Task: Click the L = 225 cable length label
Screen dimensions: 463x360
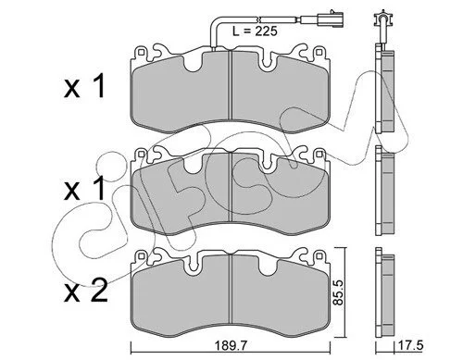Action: tap(255, 31)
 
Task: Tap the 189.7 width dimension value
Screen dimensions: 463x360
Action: tap(231, 346)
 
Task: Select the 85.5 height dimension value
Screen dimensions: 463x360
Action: tap(339, 292)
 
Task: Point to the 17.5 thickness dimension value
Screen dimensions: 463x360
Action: tap(411, 345)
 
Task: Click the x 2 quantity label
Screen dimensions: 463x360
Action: tap(86, 291)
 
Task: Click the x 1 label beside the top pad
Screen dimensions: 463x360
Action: tap(84, 87)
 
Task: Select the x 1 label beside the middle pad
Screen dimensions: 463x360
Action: tap(84, 189)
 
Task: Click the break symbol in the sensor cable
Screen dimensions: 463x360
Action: tap(259, 19)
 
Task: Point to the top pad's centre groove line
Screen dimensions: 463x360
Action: tap(231, 85)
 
